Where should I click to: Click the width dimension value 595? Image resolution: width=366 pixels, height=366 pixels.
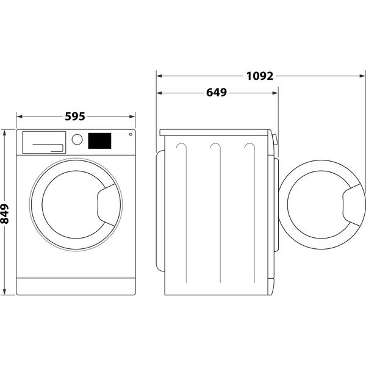(74, 115)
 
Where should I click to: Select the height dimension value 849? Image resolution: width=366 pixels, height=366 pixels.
(5, 213)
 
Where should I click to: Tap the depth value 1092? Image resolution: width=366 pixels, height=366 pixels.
(258, 76)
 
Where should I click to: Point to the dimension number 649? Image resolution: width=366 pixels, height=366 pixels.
(215, 93)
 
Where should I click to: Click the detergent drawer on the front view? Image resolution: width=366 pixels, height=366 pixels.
(43, 142)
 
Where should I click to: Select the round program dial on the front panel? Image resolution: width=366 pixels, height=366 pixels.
(77, 139)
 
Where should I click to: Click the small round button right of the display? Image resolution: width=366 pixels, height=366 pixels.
(129, 135)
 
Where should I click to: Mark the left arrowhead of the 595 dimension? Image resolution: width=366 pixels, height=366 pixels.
(18, 115)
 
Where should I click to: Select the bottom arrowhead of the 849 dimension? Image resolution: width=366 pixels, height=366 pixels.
(5, 295)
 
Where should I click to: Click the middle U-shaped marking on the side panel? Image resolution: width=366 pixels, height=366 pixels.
(215, 149)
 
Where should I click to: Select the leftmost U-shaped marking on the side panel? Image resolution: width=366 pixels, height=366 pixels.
(181, 149)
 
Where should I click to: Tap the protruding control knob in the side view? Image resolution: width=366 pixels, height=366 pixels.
(276, 140)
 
